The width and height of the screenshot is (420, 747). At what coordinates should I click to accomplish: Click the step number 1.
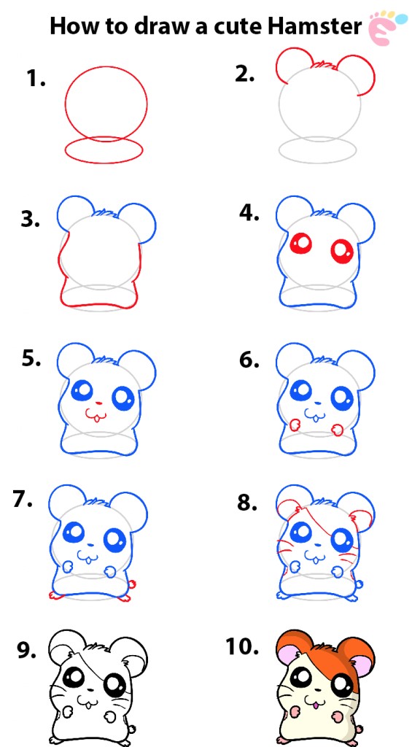[x=36, y=80]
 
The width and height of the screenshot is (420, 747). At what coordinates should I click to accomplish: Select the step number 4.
[x=249, y=212]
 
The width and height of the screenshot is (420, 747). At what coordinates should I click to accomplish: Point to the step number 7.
[x=23, y=500]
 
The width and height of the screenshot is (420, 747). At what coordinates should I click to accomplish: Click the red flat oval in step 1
[x=103, y=150]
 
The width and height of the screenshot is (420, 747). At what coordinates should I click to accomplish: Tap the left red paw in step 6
[x=295, y=424]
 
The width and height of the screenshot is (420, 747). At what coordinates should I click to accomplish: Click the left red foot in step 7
[x=54, y=595]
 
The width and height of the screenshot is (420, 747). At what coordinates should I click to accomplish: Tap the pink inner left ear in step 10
[x=292, y=659]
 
